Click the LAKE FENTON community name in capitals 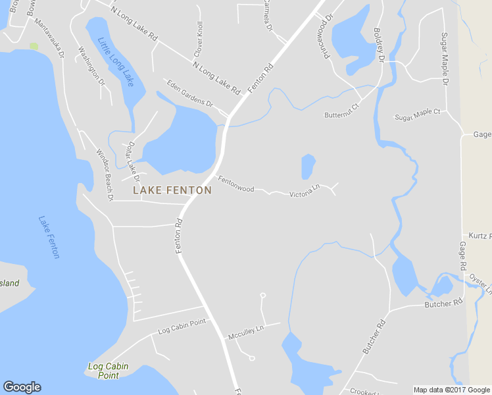point(172,190)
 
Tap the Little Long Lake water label point(115,63)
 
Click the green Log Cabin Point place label point(109,371)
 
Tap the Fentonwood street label point(236,184)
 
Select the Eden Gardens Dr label point(191,94)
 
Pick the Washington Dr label point(91,66)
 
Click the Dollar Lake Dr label point(134,161)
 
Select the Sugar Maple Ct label point(417,116)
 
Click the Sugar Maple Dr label point(445,59)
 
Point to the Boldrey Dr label point(378,45)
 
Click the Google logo point(22,387)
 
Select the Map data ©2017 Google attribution point(451,390)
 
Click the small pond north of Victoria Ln point(308,166)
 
